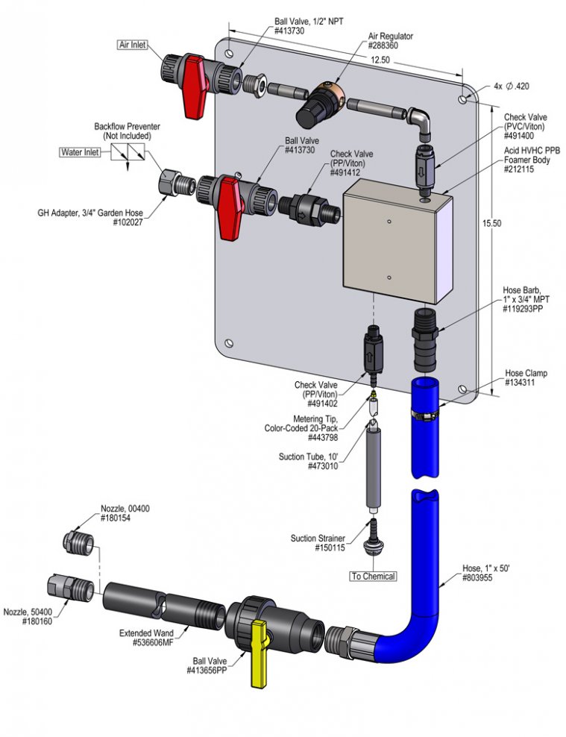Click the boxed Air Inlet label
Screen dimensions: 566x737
tap(133, 45)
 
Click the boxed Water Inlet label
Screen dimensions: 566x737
tap(80, 152)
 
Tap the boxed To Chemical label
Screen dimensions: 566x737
tap(374, 577)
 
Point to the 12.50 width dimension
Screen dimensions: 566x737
tap(380, 60)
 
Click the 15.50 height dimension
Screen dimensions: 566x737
tap(491, 223)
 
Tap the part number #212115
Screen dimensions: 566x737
tap(518, 169)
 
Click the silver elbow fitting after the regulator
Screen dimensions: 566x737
tap(420, 122)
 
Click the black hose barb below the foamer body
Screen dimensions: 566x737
tap(426, 340)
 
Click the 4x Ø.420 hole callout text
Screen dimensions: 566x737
tap(512, 87)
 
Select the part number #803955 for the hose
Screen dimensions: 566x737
tap(477, 578)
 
